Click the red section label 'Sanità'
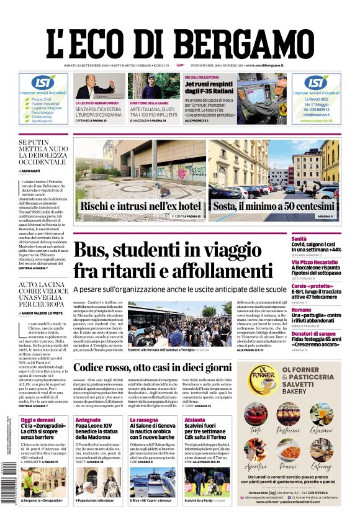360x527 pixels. (x=317, y=238)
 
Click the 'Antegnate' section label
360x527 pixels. (x=88, y=420)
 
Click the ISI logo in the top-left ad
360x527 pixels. (x=43, y=83)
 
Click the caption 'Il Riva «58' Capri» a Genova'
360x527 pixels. (x=151, y=500)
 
